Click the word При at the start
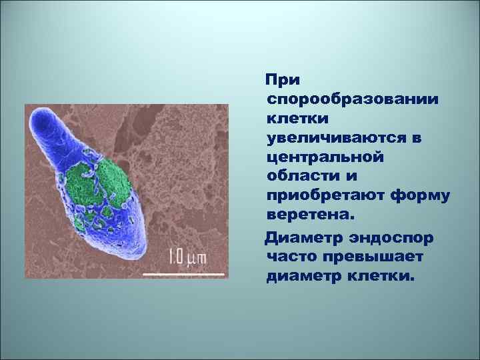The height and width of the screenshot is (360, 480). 283,79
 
